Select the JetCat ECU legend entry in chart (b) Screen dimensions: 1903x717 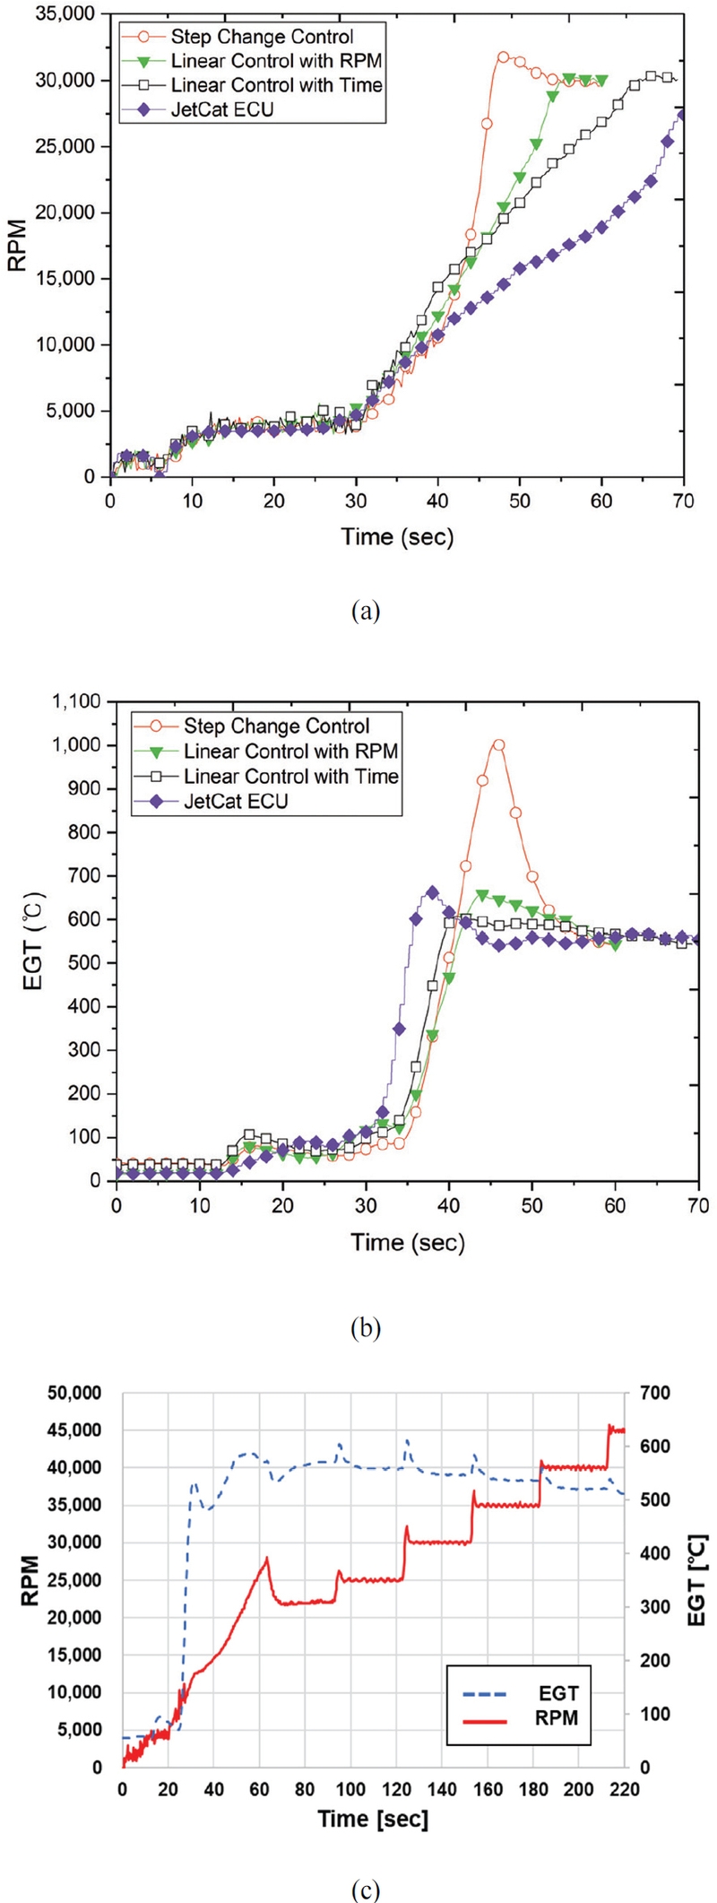click(236, 801)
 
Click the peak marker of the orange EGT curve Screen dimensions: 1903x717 click(498, 745)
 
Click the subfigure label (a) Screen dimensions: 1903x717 click(367, 612)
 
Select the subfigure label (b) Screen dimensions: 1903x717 click(367, 1327)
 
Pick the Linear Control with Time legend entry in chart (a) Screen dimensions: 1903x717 click(276, 85)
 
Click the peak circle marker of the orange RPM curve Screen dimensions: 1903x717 click(503, 56)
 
